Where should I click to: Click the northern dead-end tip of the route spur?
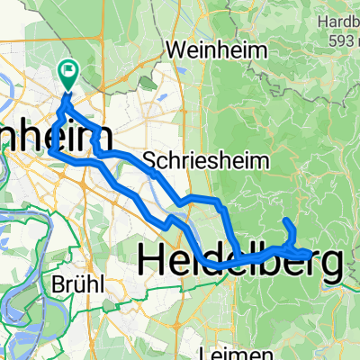coord(286,220)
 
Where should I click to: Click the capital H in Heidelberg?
coord(152,262)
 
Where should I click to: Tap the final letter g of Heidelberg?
coord(330,266)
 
